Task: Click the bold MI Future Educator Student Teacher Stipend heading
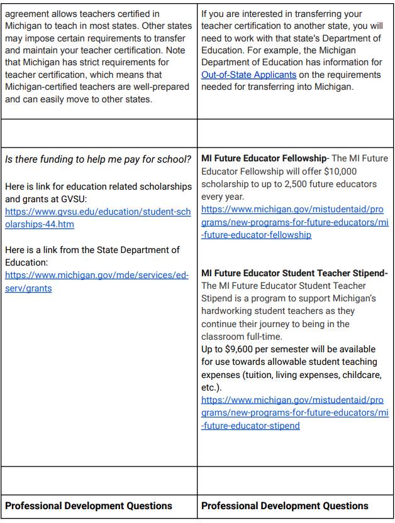point(294,273)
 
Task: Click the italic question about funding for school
point(97,159)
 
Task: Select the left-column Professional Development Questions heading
point(89,505)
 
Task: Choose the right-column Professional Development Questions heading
point(285,505)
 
